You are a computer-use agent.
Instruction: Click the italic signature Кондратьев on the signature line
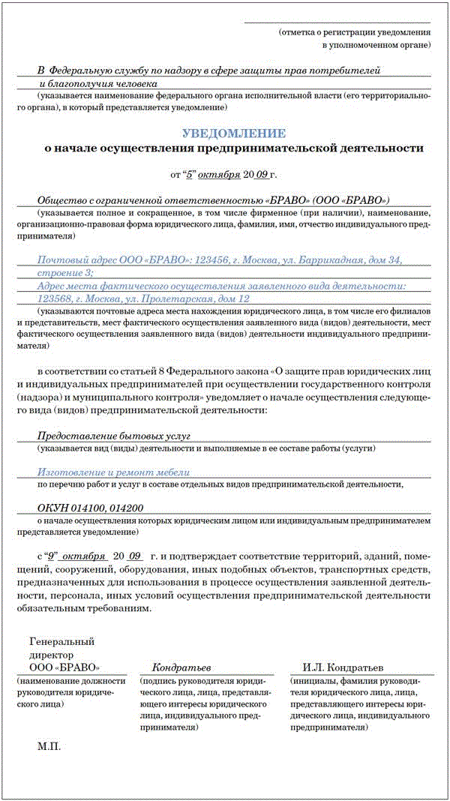click(181, 667)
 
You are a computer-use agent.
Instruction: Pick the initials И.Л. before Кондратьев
click(314, 667)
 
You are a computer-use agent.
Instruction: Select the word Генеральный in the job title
click(61, 641)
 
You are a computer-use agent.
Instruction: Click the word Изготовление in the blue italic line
click(73, 472)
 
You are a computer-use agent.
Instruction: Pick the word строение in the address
click(61, 273)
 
